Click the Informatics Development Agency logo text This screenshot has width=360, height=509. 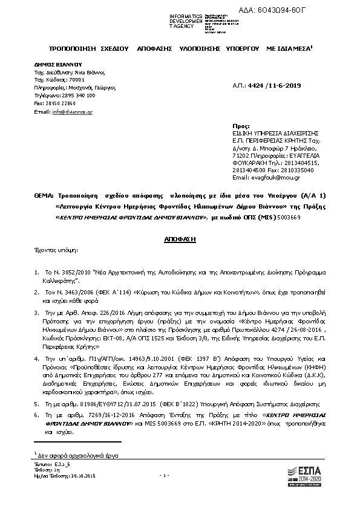172,21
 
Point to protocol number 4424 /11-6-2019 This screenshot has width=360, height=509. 275,87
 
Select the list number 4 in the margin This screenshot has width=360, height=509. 37,359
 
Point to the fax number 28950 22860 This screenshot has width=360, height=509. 55,103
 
